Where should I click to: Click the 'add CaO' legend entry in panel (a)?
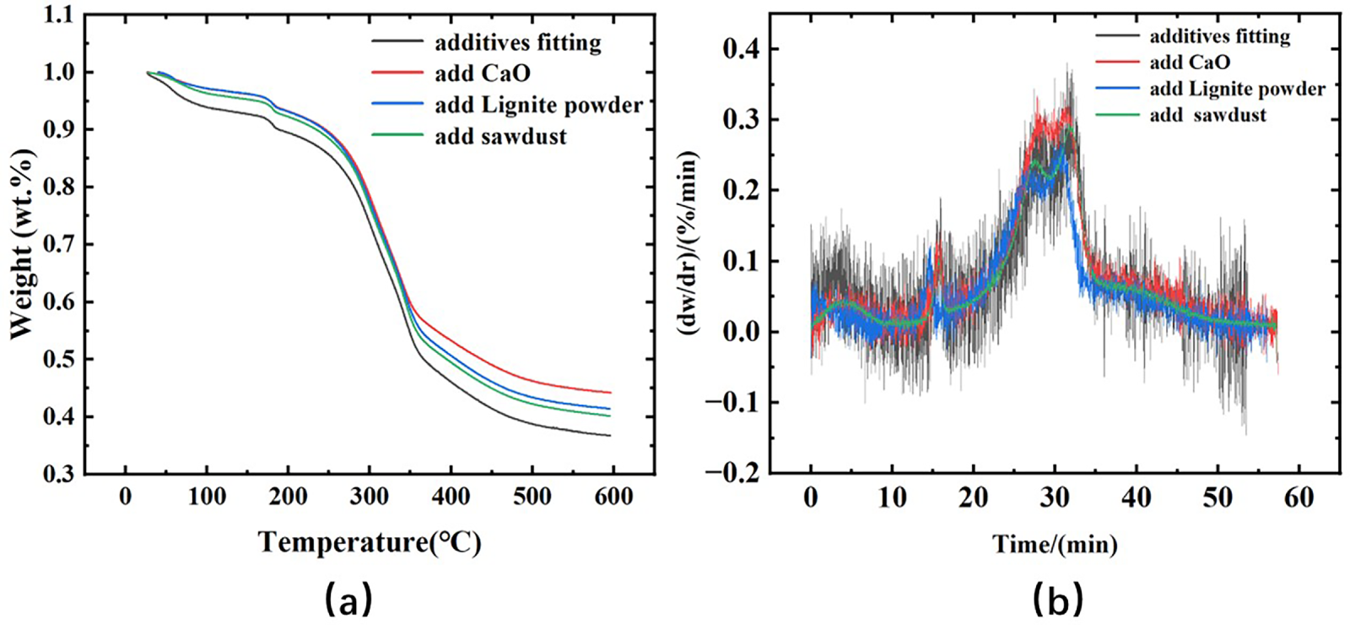pyautogui.click(x=482, y=73)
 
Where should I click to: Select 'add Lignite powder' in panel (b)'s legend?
pyautogui.click(x=1237, y=89)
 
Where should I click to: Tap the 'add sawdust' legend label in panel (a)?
pyautogui.click(x=500, y=136)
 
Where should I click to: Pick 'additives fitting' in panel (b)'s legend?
pyautogui.click(x=1219, y=35)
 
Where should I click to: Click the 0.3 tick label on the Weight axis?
pyautogui.click(x=58, y=474)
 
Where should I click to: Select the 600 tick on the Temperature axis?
pyautogui.click(x=613, y=497)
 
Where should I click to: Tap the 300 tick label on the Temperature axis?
pyautogui.click(x=369, y=497)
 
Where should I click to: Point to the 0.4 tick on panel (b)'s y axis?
pyautogui.click(x=741, y=48)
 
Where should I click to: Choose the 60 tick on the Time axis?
pyautogui.click(x=1299, y=498)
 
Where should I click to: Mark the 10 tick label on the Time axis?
pyautogui.click(x=892, y=498)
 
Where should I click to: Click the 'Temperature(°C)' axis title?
pyautogui.click(x=370, y=542)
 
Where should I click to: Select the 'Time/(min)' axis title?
pyautogui.click(x=1055, y=545)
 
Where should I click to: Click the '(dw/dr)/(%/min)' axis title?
pyautogui.click(x=689, y=243)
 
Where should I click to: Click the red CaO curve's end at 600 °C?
pyautogui.click(x=609, y=393)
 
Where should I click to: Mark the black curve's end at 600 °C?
pyautogui.click(x=609, y=436)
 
